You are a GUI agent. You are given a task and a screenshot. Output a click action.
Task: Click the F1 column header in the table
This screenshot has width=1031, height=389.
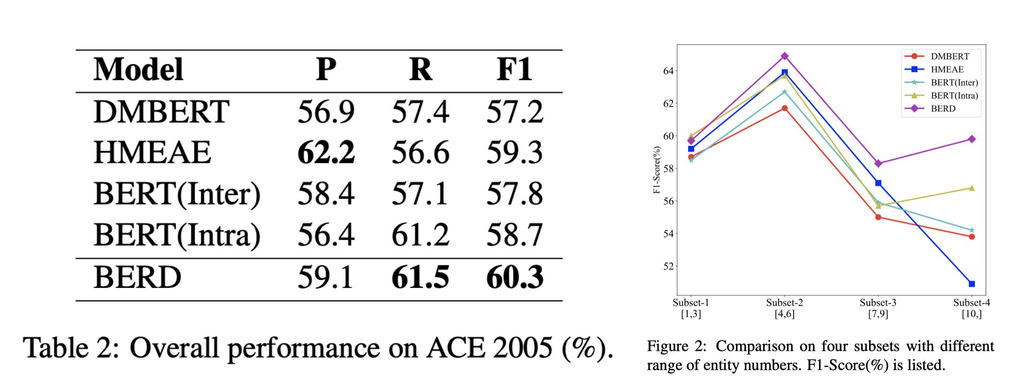tap(514, 70)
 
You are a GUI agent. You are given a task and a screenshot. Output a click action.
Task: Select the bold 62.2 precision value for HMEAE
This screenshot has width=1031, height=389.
tap(326, 153)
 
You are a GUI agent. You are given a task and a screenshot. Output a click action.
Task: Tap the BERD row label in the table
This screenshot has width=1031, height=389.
tap(137, 277)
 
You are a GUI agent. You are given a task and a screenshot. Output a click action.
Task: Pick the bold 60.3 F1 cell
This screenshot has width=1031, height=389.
tap(515, 277)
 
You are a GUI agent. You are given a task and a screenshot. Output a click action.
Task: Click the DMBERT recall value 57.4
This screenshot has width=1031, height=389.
tap(420, 112)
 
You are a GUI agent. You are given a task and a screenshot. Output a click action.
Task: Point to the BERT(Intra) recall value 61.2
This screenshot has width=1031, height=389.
tap(420, 235)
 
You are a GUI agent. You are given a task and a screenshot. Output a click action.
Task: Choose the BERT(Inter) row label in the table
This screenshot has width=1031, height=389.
tap(177, 194)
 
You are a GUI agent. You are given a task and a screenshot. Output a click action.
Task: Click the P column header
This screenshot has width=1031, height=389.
tap(326, 70)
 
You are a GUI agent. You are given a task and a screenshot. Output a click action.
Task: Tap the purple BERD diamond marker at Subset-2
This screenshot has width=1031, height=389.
tap(785, 56)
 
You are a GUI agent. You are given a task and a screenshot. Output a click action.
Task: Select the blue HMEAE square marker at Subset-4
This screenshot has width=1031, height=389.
tap(972, 284)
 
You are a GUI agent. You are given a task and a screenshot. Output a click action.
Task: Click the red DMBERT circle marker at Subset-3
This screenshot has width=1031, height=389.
tap(878, 217)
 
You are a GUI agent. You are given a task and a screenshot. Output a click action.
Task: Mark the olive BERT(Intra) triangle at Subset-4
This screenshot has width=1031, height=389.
tap(972, 188)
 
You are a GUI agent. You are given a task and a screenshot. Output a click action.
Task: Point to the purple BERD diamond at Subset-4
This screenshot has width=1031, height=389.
tap(972, 139)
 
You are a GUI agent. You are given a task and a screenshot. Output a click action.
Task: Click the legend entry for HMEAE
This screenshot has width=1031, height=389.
tap(947, 69)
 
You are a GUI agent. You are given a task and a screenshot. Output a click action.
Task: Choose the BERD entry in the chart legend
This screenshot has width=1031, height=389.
tap(943, 108)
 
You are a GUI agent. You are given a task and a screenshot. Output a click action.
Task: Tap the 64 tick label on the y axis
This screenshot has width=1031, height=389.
tap(668, 71)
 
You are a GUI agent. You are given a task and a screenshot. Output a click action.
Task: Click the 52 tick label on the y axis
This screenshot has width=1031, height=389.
tap(668, 266)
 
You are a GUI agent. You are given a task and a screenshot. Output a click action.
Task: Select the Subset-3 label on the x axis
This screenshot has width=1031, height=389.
tap(878, 303)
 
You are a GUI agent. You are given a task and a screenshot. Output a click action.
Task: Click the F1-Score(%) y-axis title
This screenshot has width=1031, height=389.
tap(657, 170)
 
